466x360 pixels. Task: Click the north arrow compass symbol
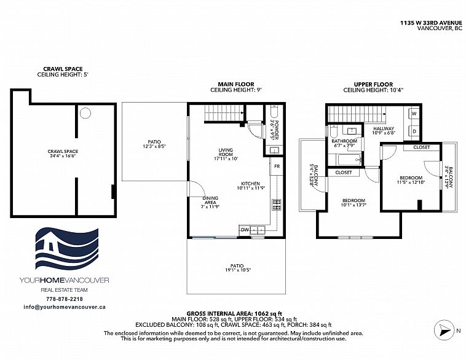point(443,330)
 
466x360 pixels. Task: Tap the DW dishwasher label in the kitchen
point(245,230)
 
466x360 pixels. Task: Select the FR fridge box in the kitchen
point(277,166)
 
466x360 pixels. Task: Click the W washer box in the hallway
point(414,114)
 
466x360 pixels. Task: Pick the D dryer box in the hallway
point(414,131)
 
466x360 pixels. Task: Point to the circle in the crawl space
point(85,113)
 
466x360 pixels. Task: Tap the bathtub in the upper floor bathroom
point(349,160)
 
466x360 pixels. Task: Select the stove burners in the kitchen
point(277,205)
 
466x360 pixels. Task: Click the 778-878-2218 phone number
point(65,299)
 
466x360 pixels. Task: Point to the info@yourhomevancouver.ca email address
point(65,307)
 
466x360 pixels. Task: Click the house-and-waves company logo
point(67,249)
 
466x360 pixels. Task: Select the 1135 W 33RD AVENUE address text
point(431,23)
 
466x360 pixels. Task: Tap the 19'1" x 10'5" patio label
point(237,270)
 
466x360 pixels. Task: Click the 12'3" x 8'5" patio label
point(154,146)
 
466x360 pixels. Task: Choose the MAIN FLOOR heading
point(236,84)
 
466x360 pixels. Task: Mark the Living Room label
point(226,152)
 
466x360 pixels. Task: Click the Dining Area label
point(210,200)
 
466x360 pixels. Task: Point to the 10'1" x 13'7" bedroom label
point(353,205)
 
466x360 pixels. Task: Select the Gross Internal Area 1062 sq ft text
point(234,314)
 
